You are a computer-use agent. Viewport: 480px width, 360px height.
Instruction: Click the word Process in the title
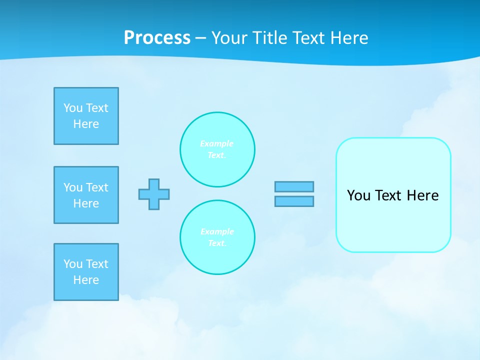[x=157, y=38]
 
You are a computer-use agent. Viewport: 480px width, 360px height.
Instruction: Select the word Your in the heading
[x=230, y=38]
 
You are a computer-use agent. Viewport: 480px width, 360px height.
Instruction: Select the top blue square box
[x=86, y=116]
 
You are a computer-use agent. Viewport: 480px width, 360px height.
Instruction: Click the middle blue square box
[x=86, y=195]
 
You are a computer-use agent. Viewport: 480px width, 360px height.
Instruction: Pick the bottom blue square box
[x=86, y=272]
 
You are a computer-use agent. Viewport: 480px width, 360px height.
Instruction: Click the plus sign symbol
[x=154, y=194]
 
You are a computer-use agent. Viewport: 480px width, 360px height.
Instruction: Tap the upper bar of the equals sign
[x=294, y=186]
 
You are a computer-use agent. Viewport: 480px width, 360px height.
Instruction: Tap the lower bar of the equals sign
[x=294, y=201]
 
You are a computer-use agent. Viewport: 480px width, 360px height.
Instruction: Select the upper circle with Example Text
[x=217, y=149]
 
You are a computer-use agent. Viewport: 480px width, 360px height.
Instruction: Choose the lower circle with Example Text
[x=217, y=237]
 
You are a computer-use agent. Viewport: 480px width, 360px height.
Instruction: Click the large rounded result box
[x=393, y=220]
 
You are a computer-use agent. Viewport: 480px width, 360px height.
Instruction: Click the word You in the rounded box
[x=358, y=195]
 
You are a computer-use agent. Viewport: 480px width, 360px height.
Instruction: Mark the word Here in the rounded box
[x=422, y=195]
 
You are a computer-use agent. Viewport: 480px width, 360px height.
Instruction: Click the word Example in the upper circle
[x=217, y=143]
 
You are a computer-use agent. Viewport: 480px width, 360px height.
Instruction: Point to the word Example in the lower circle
[x=217, y=231]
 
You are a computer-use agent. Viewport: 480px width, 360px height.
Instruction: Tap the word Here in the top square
[x=86, y=124]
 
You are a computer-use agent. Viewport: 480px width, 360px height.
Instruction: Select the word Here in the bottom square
[x=86, y=280]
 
